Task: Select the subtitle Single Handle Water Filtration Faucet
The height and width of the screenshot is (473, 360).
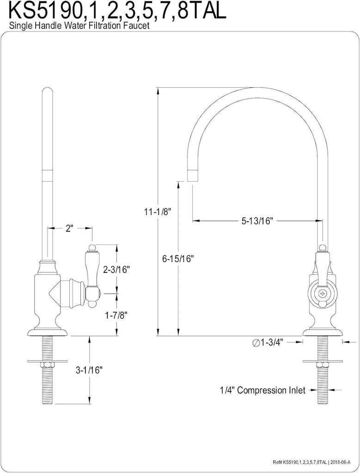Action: (79, 26)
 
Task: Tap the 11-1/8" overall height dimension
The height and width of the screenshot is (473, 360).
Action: (158, 212)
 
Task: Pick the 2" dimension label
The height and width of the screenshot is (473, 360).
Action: (70, 228)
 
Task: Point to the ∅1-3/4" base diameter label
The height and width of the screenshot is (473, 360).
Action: (268, 342)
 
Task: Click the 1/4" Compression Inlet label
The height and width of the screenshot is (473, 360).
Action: (262, 390)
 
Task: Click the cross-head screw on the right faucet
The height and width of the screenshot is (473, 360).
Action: (323, 292)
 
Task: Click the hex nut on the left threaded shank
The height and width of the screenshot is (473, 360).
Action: (48, 365)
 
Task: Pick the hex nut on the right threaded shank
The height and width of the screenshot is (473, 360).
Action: (323, 365)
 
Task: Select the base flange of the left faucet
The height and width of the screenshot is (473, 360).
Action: (48, 331)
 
